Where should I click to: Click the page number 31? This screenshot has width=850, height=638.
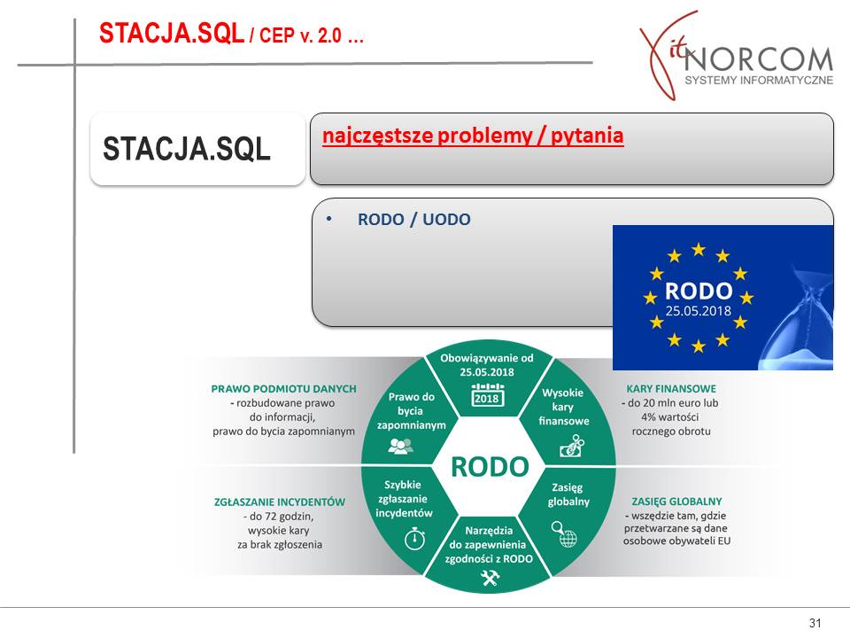click(815, 623)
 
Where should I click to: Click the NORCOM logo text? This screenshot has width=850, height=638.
click(758, 59)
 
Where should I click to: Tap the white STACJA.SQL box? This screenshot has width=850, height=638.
click(197, 149)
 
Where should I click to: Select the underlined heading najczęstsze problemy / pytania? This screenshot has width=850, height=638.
click(473, 136)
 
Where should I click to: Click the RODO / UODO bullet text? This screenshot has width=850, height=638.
click(414, 219)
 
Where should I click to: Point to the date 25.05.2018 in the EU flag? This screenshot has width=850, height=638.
click(699, 311)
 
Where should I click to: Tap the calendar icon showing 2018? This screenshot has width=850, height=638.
click(487, 394)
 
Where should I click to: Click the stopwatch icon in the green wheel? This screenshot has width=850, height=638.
click(414, 538)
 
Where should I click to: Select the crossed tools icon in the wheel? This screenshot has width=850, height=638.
click(489, 579)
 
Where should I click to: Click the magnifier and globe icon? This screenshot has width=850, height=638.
click(564, 534)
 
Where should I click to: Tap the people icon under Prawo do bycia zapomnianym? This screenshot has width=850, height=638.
click(400, 446)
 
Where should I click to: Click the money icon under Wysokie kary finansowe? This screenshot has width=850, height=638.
click(571, 446)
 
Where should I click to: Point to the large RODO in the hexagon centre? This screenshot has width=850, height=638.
click(490, 467)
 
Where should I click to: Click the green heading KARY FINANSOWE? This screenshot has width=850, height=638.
click(671, 389)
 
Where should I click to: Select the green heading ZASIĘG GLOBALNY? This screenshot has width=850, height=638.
click(676, 502)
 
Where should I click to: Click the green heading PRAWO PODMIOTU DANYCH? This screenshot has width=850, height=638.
click(283, 389)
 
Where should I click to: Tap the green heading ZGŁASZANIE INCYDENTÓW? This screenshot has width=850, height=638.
click(280, 502)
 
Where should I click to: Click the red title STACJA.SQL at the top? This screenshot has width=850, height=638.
click(171, 33)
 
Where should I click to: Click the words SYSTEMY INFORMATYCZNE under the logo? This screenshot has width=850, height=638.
click(759, 81)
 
